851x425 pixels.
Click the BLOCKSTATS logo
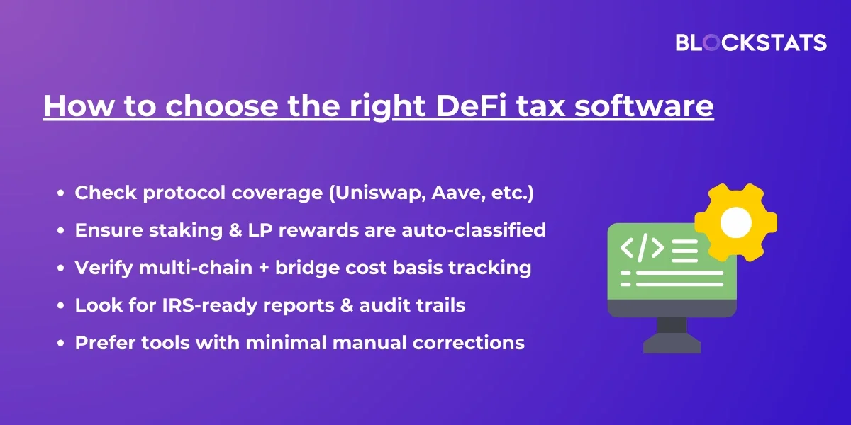[751, 42]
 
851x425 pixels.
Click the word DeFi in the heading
[471, 106]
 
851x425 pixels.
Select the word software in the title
[644, 106]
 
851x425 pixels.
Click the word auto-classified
[474, 230]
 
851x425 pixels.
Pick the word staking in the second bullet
[186, 231]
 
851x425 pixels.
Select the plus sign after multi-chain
[264, 268]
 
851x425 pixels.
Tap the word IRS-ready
[209, 306]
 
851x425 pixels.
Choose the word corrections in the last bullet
[469, 343]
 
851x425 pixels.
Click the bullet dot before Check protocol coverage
[61, 193]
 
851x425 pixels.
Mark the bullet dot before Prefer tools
[61, 344]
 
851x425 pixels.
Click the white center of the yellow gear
[736, 222]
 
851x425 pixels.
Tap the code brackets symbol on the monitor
[642, 248]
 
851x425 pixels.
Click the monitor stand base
[672, 344]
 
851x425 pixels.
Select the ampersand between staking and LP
[235, 230]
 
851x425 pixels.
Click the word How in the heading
[78, 106]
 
